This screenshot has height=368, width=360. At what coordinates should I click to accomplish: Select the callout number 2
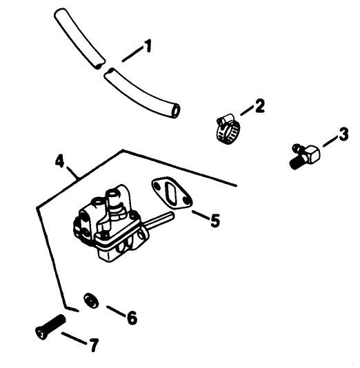pos(259,105)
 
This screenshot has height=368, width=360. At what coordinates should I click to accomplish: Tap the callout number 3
pos(344,135)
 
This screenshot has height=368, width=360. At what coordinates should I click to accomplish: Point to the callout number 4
pos(61,163)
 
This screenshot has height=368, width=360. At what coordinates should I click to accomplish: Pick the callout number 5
pos(214,221)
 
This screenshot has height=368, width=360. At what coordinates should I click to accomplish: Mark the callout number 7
pos(94,344)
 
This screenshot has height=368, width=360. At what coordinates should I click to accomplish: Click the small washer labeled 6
pos(90,300)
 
